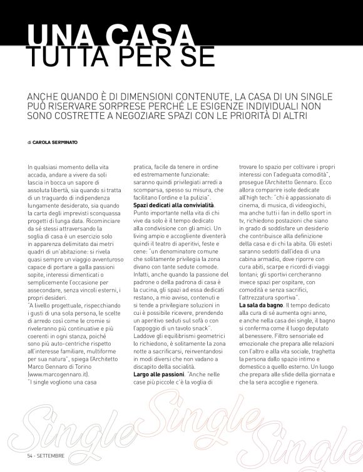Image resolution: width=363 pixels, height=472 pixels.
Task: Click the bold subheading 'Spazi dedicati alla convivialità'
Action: [x=173, y=205]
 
